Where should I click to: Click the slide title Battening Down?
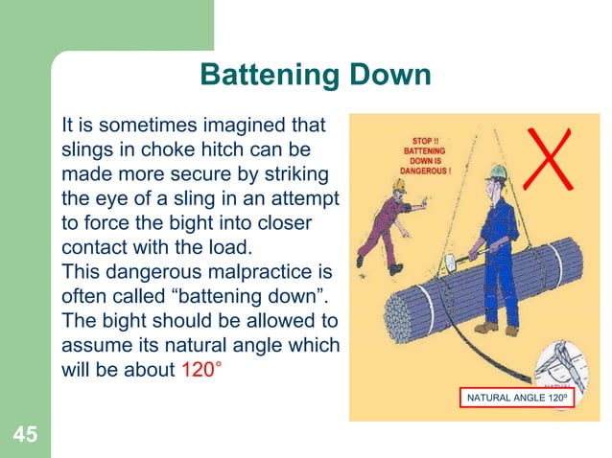[x=315, y=76]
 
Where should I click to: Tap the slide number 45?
[x=25, y=436]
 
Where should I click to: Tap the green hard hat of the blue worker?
[x=495, y=172]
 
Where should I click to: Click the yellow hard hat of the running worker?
[x=396, y=186]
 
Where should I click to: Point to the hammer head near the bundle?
[x=447, y=260]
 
